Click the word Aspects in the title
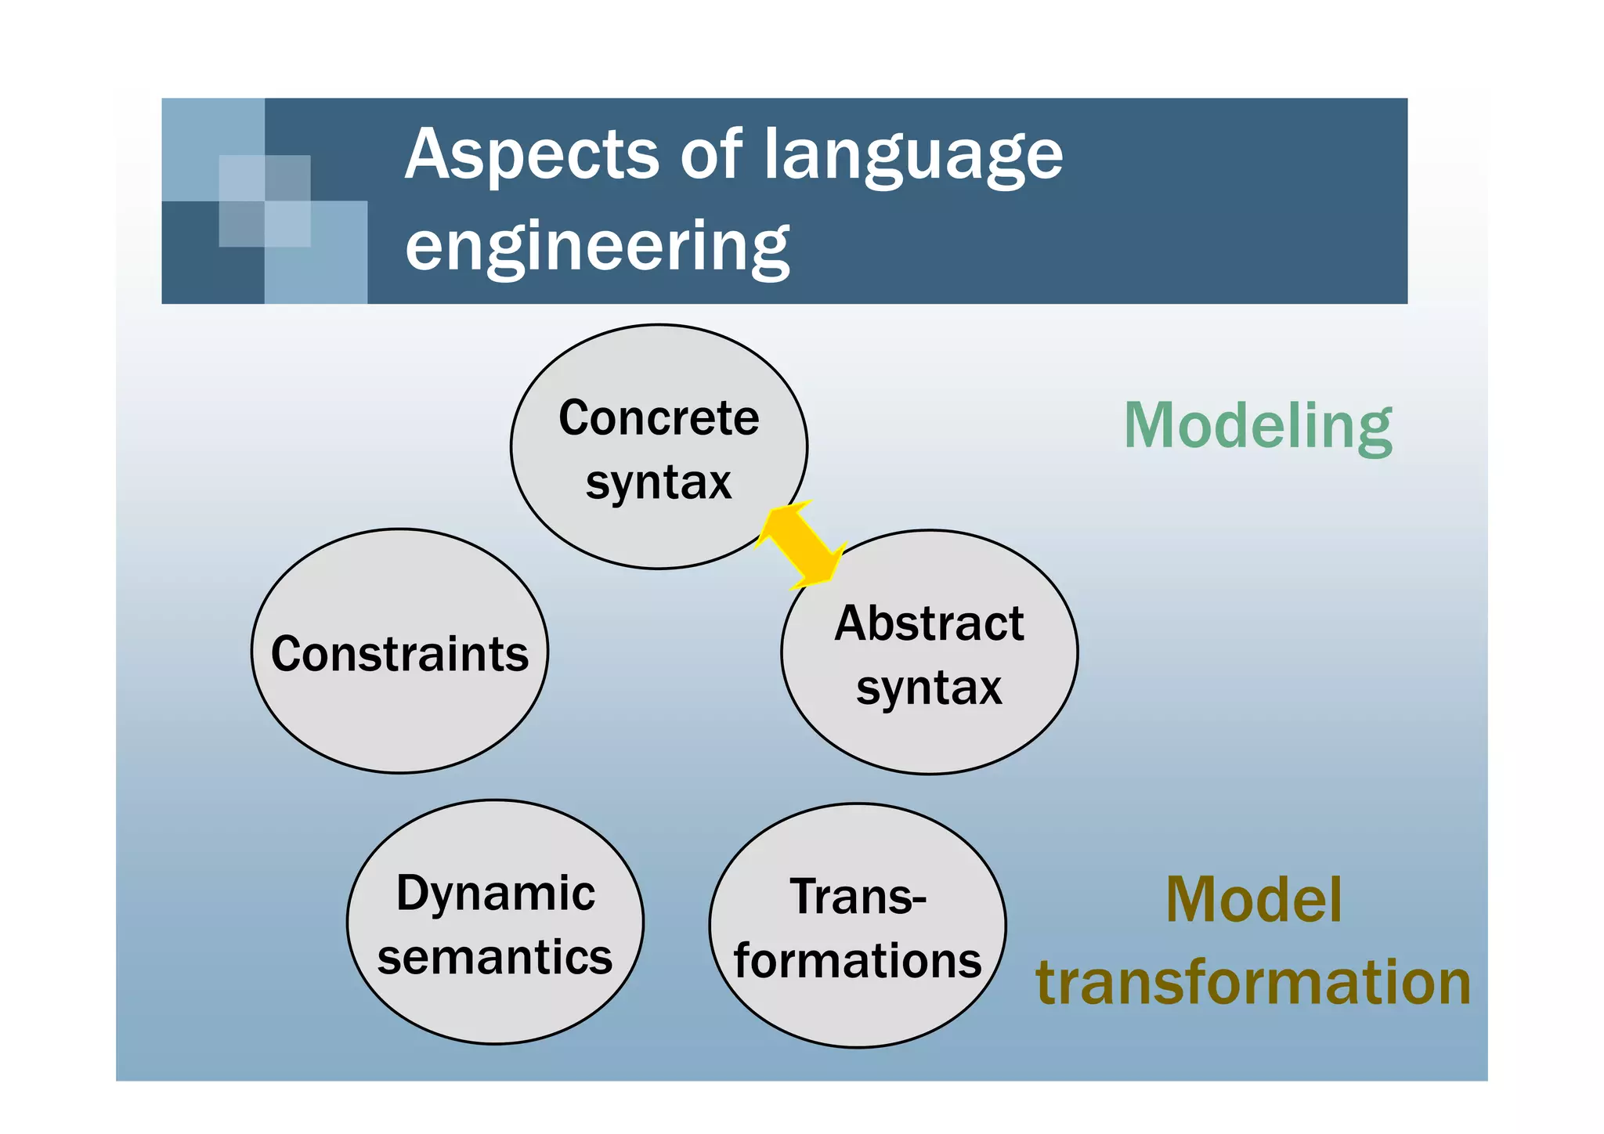[x=532, y=155]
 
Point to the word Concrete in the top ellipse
[x=659, y=418]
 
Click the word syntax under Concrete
[x=659, y=482]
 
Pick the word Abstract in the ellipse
[x=929, y=624]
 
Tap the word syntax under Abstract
[x=929, y=688]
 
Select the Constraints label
[x=399, y=654]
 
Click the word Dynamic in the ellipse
[x=495, y=893]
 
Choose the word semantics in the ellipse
[x=495, y=957]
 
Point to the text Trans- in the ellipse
[x=858, y=897]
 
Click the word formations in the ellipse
[x=858, y=961]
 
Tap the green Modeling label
[x=1258, y=426]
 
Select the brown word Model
[x=1253, y=900]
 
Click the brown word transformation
[x=1253, y=982]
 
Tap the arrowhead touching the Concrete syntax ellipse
[x=778, y=521]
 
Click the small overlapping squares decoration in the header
[x=265, y=201]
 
